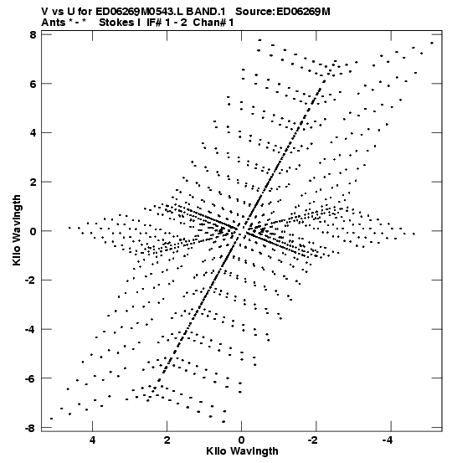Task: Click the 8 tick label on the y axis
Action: click(33, 35)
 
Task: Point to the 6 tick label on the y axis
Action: click(33, 84)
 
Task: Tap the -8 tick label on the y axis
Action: click(30, 427)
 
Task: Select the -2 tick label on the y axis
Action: click(30, 280)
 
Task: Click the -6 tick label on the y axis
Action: click(30, 378)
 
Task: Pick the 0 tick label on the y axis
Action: click(33, 231)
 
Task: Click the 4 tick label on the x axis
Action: click(92, 440)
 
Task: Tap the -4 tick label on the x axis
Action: click(388, 440)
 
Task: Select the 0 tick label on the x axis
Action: click(242, 440)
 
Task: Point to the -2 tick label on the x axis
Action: click(313, 440)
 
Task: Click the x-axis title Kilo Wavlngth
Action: click(242, 452)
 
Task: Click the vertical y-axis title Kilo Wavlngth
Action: click(17, 230)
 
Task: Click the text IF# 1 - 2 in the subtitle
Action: click(167, 23)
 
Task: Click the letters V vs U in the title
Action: click(59, 12)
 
